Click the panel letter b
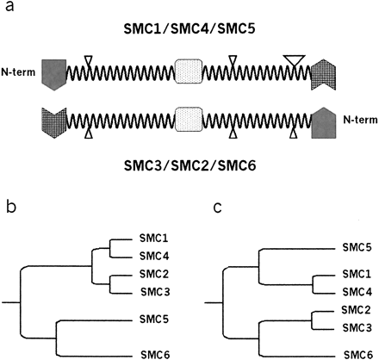click(7, 208)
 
